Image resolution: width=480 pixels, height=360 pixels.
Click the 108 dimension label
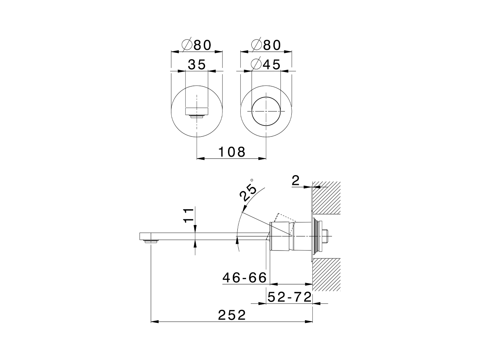click(x=232, y=152)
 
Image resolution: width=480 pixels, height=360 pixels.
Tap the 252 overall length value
click(x=232, y=315)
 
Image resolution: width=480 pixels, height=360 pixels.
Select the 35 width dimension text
click(x=197, y=64)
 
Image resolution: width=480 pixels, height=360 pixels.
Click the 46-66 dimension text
click(x=244, y=278)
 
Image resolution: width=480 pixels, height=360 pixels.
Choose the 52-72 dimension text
click(x=289, y=297)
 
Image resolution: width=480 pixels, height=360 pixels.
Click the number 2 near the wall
click(x=295, y=181)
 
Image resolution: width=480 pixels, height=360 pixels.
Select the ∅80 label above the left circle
click(x=196, y=45)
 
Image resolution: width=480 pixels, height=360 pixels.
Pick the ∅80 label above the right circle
click(x=266, y=45)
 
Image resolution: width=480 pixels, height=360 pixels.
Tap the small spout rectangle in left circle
click(x=196, y=111)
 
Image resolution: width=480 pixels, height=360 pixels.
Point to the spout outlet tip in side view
click(x=151, y=241)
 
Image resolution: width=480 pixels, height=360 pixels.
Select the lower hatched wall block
click(x=327, y=274)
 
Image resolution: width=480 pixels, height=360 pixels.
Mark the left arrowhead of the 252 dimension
click(x=154, y=322)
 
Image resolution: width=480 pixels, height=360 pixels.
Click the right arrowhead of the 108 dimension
click(x=262, y=159)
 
